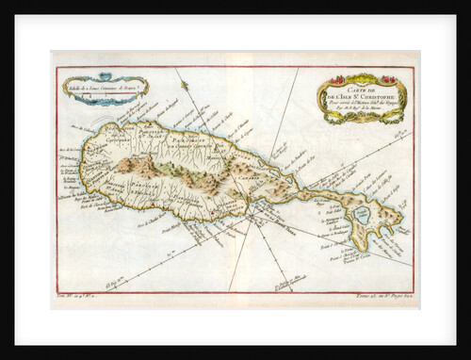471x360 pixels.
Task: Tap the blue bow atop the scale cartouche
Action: click(x=105, y=75)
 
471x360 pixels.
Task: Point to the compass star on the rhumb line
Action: click(x=187, y=88)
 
